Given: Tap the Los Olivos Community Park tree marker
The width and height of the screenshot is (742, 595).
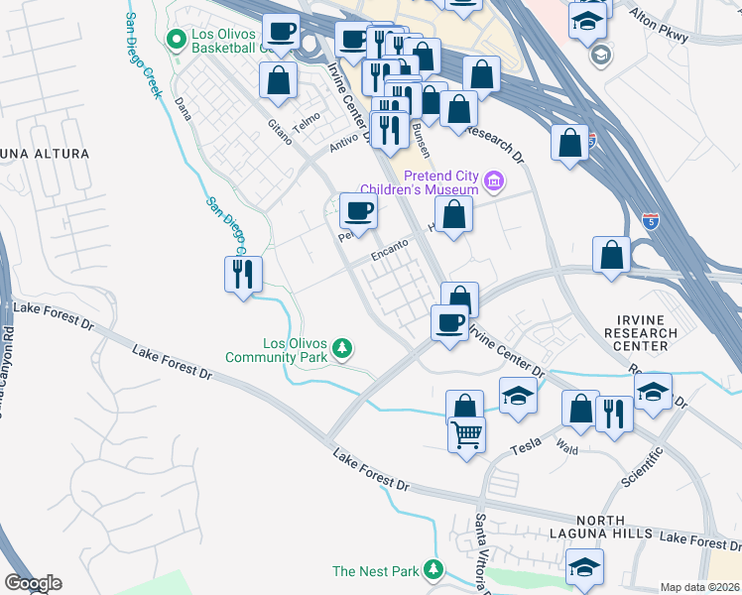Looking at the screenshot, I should [x=342, y=348].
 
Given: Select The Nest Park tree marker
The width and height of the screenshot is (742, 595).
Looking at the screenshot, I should [x=433, y=570].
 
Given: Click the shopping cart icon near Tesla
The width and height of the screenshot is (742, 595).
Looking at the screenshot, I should [x=466, y=433].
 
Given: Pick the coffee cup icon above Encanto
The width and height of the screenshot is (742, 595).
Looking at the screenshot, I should [x=358, y=210].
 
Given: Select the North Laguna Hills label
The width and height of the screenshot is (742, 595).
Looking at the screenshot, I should [x=599, y=528].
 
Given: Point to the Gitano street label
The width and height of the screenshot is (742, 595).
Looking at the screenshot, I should [x=279, y=132].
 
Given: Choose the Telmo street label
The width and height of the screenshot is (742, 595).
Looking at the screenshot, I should [x=307, y=121].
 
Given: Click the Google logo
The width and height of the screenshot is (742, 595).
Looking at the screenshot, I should [x=33, y=583].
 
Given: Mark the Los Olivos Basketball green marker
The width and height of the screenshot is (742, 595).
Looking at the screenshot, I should [x=178, y=40].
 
